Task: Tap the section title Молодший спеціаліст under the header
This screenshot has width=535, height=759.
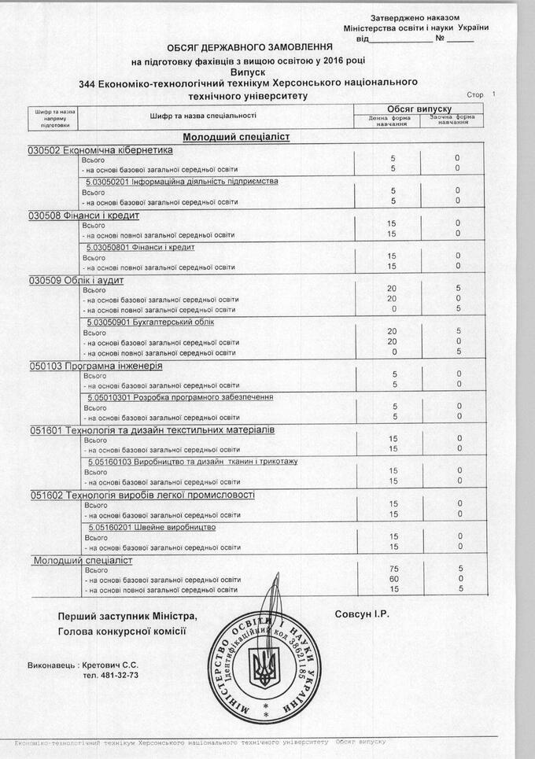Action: [x=237, y=137]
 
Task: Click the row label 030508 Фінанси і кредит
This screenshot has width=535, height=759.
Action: [x=84, y=216]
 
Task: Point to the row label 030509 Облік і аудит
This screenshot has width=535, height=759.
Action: [x=77, y=281]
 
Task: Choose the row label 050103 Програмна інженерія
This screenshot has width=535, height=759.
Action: [x=97, y=366]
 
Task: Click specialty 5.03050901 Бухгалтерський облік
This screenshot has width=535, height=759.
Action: [x=150, y=322]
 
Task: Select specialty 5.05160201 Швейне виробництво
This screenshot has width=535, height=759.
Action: [x=153, y=527]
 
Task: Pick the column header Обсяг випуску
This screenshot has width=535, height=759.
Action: [x=419, y=108]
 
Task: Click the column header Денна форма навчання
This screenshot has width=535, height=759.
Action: [x=390, y=121]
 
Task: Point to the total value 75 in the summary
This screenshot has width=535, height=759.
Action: [x=392, y=569]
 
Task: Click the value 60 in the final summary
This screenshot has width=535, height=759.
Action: [x=392, y=579]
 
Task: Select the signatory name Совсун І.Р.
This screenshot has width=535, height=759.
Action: [x=362, y=613]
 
